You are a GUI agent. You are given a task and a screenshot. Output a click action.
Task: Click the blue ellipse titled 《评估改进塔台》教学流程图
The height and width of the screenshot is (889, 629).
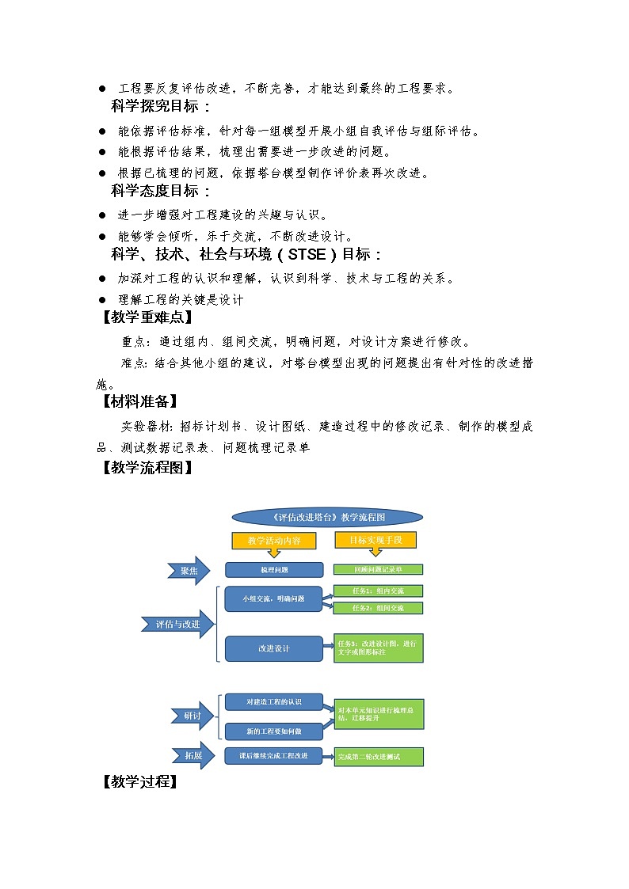click(x=327, y=517)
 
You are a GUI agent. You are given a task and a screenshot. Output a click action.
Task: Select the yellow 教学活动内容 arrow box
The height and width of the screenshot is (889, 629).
click(x=274, y=541)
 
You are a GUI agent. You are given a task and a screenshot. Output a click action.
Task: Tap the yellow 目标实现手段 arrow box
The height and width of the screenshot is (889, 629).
click(x=375, y=540)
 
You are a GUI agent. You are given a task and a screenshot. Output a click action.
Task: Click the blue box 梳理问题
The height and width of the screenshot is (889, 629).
click(x=274, y=570)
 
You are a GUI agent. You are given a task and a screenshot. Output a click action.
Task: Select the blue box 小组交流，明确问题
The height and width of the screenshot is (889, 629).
click(x=274, y=598)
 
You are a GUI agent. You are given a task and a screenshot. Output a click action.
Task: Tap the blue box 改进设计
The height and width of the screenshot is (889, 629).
click(x=274, y=648)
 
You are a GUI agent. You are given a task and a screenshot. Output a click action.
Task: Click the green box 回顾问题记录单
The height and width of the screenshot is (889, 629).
click(x=378, y=569)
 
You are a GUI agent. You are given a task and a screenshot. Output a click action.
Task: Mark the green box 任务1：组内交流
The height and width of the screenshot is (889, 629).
click(x=378, y=591)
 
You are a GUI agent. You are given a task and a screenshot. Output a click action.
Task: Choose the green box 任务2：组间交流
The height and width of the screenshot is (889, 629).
click(x=378, y=608)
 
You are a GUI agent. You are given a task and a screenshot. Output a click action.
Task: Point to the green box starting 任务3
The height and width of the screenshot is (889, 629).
click(x=378, y=648)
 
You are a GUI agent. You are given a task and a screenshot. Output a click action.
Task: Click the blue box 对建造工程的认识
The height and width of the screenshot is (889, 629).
click(x=274, y=702)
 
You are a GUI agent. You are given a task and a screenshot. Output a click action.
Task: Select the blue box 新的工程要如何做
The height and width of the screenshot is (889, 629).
click(x=274, y=731)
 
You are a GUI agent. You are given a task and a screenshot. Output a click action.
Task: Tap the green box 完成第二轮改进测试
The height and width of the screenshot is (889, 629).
click(x=378, y=757)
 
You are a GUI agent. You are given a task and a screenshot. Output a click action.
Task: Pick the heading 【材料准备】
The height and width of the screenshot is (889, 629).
click(x=139, y=401)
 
